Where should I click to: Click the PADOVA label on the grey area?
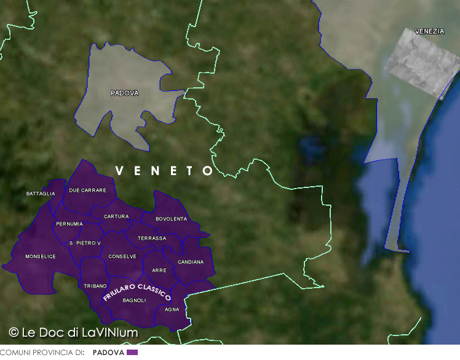[124, 93]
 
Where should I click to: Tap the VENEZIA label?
[429, 31]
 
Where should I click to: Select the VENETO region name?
[164, 171]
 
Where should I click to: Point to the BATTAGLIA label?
[41, 194]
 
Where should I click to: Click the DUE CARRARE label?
[87, 190]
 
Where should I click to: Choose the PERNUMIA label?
[69, 224]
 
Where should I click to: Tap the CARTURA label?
[116, 216]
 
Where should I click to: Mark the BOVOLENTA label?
[171, 219]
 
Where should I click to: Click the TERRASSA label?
[151, 238]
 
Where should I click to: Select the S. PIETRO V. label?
[85, 243]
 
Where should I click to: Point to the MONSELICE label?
[41, 256]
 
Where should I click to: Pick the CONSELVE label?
[122, 256]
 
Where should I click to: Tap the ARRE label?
[159, 270]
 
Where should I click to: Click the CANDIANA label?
[190, 262]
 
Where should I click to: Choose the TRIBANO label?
[95, 286]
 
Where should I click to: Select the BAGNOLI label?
[134, 300]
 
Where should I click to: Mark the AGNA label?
[172, 309]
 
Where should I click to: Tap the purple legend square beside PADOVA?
[132, 353]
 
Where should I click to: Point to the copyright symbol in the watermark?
[14, 332]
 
